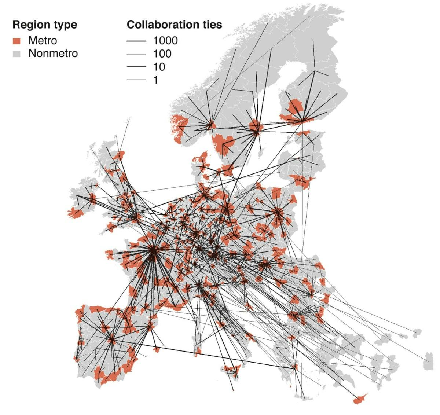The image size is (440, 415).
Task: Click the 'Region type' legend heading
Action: tap(45, 25)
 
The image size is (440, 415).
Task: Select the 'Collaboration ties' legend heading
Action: tap(174, 25)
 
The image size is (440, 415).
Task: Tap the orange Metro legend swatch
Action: tap(16, 41)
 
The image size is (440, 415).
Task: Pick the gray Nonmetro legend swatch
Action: tap(16, 54)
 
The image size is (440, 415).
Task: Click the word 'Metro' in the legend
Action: tap(43, 40)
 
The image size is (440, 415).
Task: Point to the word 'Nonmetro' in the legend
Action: tap(53, 54)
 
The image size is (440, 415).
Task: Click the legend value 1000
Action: tap(165, 40)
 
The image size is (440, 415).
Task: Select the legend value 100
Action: tap(162, 54)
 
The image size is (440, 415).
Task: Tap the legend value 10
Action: tap(159, 67)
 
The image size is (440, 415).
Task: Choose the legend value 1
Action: tap(155, 80)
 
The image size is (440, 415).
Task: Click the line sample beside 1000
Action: tap(136, 41)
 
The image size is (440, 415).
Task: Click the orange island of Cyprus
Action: tap(360, 399)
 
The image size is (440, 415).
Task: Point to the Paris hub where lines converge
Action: tap(153, 251)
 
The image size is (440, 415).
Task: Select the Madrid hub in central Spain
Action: tap(112, 340)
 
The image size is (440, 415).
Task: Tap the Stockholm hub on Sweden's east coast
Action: tap(257, 128)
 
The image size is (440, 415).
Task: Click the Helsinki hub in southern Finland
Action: tap(303, 120)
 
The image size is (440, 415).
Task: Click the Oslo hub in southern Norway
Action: tap(211, 124)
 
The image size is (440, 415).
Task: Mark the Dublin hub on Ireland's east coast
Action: tap(92, 199)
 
